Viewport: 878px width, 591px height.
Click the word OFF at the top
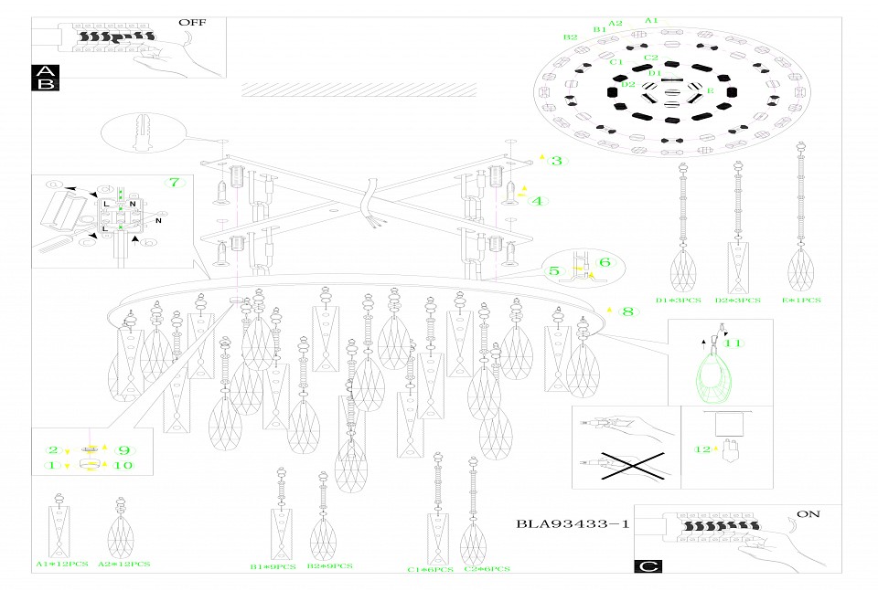point(193,22)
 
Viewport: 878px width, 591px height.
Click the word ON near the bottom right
point(808,514)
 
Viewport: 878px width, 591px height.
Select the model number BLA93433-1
point(573,524)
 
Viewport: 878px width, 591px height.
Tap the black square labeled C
point(648,566)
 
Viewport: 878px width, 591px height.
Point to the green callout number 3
point(557,161)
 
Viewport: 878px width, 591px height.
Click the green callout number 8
point(627,311)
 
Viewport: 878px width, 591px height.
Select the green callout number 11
point(733,343)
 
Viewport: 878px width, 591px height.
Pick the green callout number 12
point(702,449)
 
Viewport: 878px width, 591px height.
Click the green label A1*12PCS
point(61,565)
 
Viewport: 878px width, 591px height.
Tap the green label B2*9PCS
point(330,567)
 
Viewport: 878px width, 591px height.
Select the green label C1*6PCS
point(430,570)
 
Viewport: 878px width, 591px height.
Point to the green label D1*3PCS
point(678,300)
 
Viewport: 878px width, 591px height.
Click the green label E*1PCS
point(801,300)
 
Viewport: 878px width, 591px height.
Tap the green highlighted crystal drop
point(716,380)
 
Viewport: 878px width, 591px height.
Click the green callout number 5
point(555,270)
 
